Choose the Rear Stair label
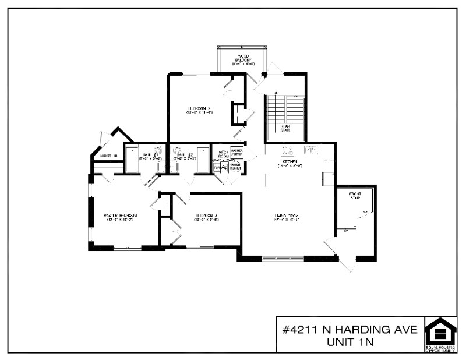point(285,128)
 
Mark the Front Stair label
point(355,196)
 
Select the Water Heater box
point(235,166)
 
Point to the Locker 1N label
point(109,156)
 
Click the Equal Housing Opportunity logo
point(440,334)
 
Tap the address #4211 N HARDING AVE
point(350,329)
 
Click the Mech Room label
point(223,154)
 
